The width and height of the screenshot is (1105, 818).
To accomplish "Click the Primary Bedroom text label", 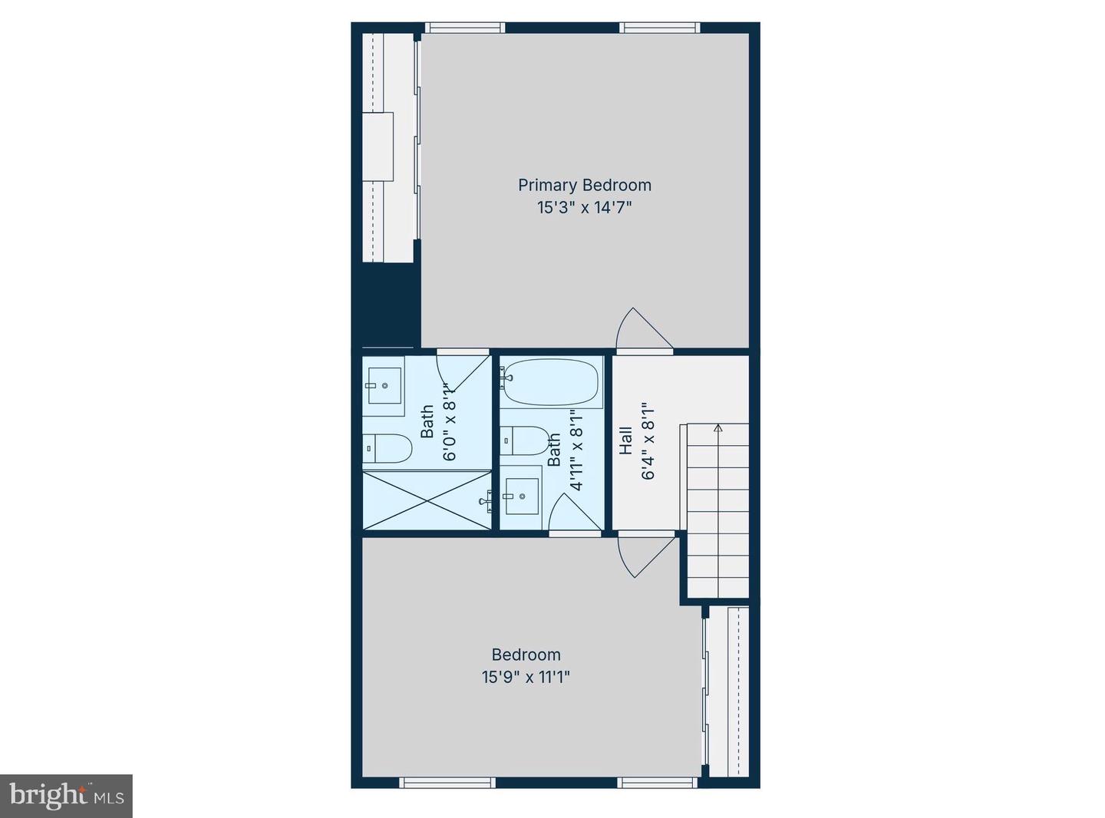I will (584, 185).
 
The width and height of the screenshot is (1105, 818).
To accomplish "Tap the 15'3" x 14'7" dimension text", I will (584, 207).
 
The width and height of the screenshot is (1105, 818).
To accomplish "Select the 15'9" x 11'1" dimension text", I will (526, 677).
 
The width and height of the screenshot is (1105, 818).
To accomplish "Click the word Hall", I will (626, 440).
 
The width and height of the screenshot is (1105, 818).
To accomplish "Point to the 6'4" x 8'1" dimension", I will (648, 440).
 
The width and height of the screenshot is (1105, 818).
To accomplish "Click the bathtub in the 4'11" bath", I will (551, 382).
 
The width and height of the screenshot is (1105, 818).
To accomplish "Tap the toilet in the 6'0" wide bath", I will (388, 448).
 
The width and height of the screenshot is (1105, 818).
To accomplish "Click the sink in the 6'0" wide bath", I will (384, 386).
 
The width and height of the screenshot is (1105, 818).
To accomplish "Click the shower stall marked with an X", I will (426, 500).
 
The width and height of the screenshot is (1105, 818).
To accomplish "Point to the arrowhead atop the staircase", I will (718, 428).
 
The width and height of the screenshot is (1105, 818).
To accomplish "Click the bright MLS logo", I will (67, 796).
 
